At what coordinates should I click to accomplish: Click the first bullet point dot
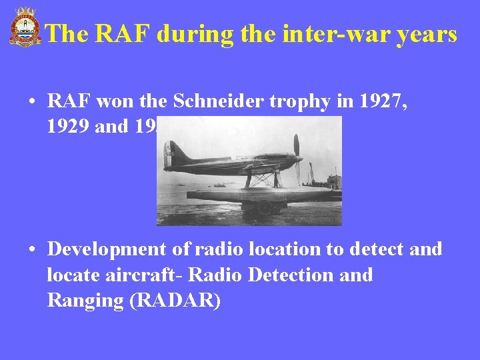[x=32, y=102]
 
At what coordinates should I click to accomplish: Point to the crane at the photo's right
[x=311, y=173]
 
